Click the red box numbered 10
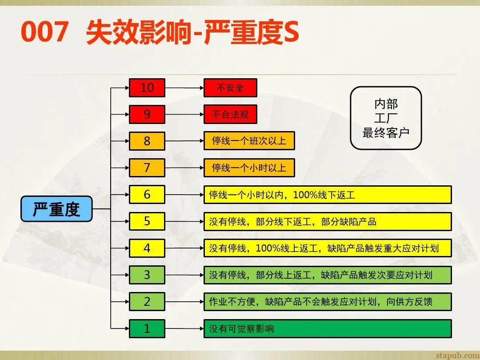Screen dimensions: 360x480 pos(147,88)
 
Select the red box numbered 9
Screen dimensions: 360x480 pos(147,115)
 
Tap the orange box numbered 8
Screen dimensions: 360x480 pos(147,141)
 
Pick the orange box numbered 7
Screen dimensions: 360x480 pos(147,168)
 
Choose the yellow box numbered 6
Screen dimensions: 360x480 pos(147,195)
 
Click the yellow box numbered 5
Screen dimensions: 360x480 pos(147,221)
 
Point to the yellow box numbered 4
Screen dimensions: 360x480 pos(147,248)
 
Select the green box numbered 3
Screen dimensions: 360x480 pos(147,275)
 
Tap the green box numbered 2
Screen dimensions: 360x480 pos(147,302)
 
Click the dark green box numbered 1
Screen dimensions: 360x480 pos(147,328)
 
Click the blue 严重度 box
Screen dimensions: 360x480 pos(56,209)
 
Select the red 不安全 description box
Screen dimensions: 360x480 pos(230,88)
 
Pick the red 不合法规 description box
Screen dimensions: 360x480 pos(230,115)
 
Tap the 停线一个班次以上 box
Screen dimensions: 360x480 pos(249,141)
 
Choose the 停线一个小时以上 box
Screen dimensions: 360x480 pos(249,168)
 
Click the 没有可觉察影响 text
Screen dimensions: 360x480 pos(241,329)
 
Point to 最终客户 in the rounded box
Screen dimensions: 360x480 pos(385,132)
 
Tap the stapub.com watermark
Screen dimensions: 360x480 pos(457,355)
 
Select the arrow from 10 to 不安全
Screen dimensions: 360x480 pos(184,88)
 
